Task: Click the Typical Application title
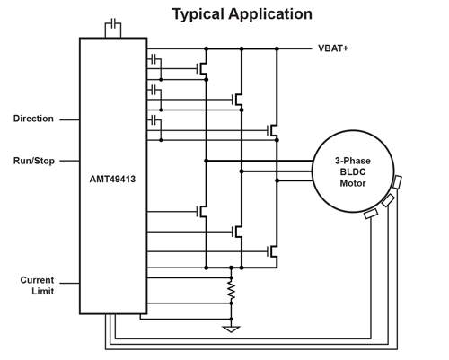click(242, 14)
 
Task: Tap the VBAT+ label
click(333, 48)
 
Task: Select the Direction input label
click(33, 119)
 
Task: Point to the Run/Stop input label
click(34, 161)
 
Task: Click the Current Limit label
click(37, 285)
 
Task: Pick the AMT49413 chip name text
click(112, 179)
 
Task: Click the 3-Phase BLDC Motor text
click(353, 172)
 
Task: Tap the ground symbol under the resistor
click(231, 329)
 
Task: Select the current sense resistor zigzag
click(231, 291)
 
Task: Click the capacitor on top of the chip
click(113, 23)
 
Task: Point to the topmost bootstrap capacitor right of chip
click(154, 59)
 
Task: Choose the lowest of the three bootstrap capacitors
click(154, 120)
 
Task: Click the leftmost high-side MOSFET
click(203, 69)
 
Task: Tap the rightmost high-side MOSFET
click(273, 130)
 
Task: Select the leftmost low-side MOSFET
click(203, 212)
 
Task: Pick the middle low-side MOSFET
click(238, 232)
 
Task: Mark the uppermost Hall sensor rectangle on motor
click(397, 182)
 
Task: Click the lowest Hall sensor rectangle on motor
click(371, 214)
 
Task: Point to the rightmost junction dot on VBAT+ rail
click(277, 48)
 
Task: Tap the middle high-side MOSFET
click(238, 100)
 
